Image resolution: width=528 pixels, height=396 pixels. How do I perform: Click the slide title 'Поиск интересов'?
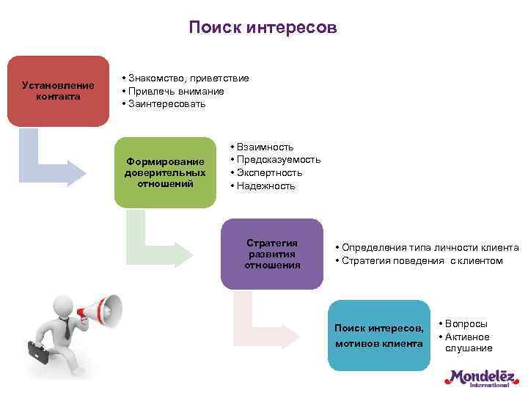tap(263, 27)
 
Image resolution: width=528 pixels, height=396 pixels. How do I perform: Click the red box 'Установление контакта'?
tap(58, 91)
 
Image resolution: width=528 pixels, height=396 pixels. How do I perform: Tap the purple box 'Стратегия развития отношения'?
tap(272, 254)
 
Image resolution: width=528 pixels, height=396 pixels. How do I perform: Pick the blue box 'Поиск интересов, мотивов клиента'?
tap(378, 335)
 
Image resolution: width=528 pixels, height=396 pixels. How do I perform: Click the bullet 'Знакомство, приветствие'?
tap(188, 78)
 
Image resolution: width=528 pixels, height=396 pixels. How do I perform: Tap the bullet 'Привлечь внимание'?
tap(176, 91)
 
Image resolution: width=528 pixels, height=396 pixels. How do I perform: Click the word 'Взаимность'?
tap(265, 147)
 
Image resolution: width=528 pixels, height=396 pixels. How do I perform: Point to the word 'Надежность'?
tap(265, 186)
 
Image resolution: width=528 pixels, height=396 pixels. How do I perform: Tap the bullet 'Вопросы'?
tap(467, 323)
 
